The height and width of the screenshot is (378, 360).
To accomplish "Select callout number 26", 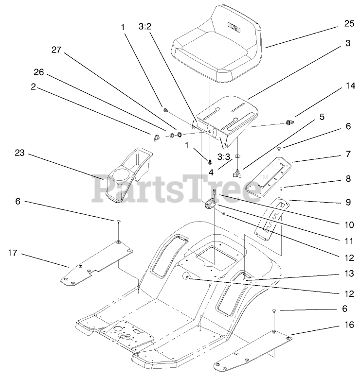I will click(38, 73).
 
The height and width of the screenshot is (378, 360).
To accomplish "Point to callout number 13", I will click(346, 274).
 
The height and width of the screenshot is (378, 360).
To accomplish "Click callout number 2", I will click(33, 87).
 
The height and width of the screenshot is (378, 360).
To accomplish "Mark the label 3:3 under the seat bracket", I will click(223, 157).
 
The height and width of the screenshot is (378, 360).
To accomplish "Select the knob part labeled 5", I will click(238, 173).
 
